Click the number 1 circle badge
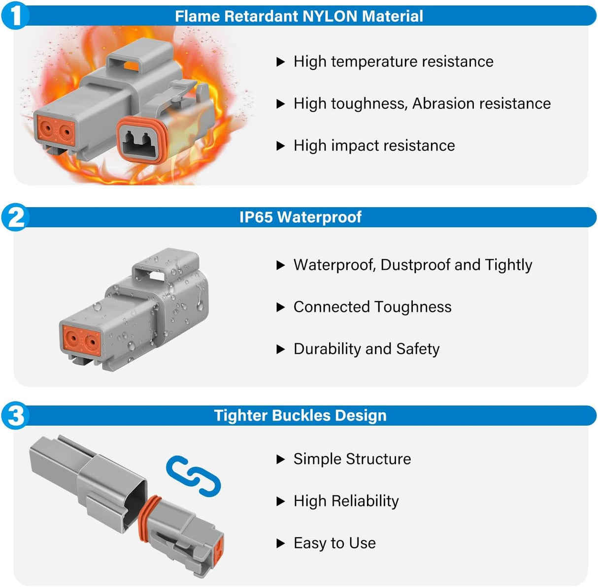pyautogui.click(x=15, y=15)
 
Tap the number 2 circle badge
pyautogui.click(x=15, y=217)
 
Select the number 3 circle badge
pyautogui.click(x=15, y=415)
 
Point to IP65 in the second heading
pyautogui.click(x=256, y=217)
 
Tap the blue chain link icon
pyautogui.click(x=193, y=475)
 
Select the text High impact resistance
pyautogui.click(x=374, y=146)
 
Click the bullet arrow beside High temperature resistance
pyautogui.click(x=281, y=62)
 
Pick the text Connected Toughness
pyautogui.click(x=372, y=307)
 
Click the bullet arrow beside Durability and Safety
pyautogui.click(x=281, y=349)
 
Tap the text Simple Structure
pyautogui.click(x=352, y=459)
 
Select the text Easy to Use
pyautogui.click(x=334, y=543)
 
